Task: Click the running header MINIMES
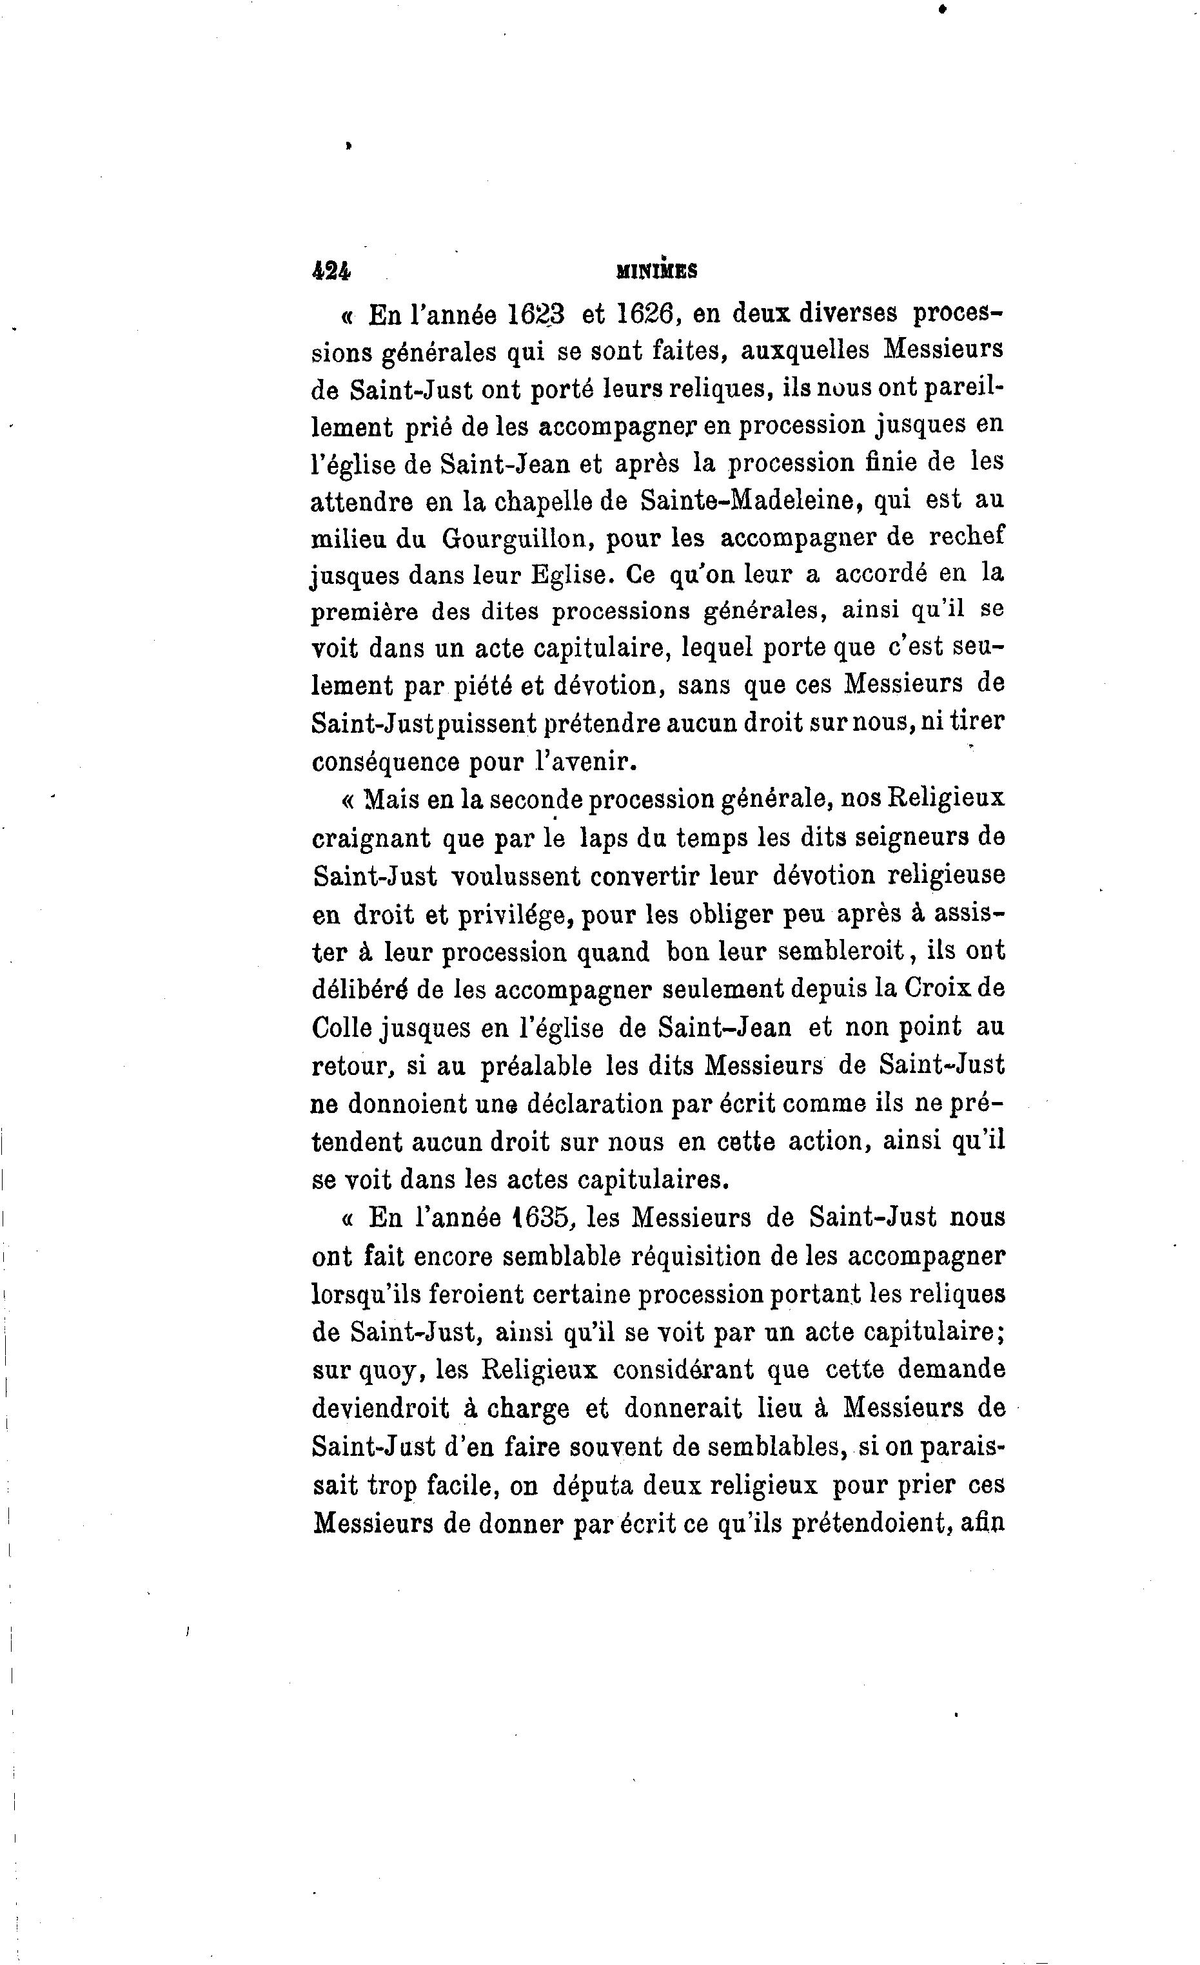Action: click(656, 272)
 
